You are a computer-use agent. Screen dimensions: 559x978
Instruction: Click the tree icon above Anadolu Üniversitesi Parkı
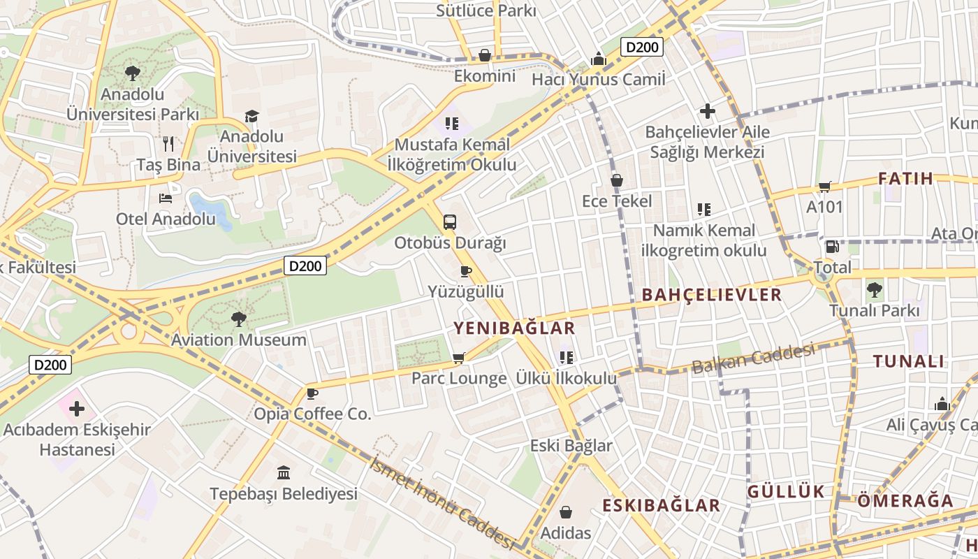coord(132,72)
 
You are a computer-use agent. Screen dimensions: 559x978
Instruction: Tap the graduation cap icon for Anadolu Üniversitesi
coord(251,116)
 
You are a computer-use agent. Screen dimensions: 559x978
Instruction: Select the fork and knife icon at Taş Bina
coord(168,144)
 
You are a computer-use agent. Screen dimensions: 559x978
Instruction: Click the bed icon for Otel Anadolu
coord(166,198)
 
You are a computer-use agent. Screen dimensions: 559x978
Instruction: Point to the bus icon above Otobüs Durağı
coord(450,222)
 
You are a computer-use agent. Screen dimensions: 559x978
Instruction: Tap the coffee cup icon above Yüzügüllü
coord(466,271)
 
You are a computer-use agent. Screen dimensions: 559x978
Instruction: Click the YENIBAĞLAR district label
coord(514,328)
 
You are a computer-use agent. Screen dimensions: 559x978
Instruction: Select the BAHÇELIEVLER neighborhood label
coord(711,295)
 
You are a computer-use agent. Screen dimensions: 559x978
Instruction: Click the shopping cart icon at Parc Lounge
coord(458,358)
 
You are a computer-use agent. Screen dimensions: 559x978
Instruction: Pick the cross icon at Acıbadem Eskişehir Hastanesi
coord(77,409)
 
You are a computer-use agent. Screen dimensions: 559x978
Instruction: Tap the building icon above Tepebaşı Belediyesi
coord(284,473)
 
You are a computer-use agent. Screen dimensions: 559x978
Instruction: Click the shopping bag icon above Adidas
coord(566,513)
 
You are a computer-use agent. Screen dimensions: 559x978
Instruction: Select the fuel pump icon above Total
coord(832,247)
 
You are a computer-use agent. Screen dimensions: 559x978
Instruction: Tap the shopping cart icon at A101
coord(825,187)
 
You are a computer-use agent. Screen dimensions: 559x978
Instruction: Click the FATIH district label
coord(905,178)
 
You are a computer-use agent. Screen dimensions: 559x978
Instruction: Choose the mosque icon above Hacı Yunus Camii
coord(598,59)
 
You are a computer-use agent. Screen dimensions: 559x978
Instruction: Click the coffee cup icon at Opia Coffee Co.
coord(312,393)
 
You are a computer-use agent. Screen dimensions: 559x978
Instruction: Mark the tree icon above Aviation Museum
coord(239,319)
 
